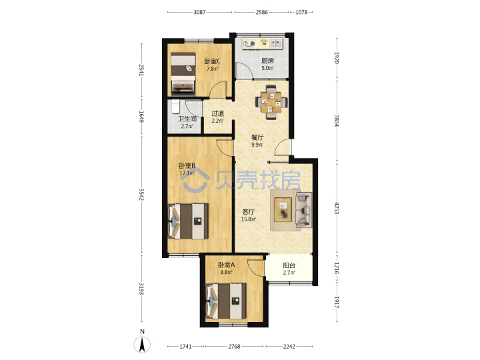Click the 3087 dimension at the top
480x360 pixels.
(x=199, y=12)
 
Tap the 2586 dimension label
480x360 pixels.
(x=262, y=12)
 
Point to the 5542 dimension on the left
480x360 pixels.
(x=141, y=195)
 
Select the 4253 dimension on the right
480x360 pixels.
(x=337, y=208)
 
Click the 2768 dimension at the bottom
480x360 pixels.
(x=234, y=346)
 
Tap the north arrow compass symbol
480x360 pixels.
(x=142, y=345)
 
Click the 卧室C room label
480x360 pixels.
(x=213, y=61)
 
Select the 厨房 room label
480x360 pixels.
(x=267, y=61)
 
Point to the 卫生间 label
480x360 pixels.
(x=187, y=119)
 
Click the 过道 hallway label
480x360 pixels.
(x=217, y=113)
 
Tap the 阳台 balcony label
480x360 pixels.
(x=289, y=265)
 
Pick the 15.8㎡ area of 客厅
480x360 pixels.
(x=249, y=219)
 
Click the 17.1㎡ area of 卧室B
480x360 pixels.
(x=187, y=173)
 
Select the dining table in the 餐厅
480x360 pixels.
(x=272, y=102)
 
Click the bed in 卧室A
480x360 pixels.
(x=226, y=301)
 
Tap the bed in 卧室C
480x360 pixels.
(x=183, y=72)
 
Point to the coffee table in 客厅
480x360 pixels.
(x=283, y=209)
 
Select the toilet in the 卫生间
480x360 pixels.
(x=175, y=106)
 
